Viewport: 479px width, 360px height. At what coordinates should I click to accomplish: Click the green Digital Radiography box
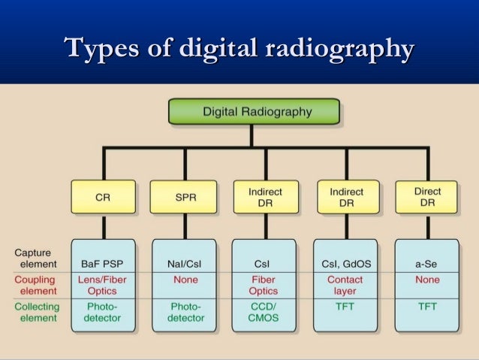pyautogui.click(x=253, y=111)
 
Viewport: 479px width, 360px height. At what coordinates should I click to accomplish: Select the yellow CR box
pyautogui.click(x=103, y=196)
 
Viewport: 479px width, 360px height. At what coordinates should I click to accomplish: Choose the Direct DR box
pyautogui.click(x=427, y=196)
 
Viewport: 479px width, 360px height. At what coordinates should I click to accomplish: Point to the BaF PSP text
pyautogui.click(x=103, y=264)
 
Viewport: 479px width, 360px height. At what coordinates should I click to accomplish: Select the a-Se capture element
pyautogui.click(x=427, y=264)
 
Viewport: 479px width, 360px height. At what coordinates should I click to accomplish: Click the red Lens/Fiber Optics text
pyautogui.click(x=103, y=285)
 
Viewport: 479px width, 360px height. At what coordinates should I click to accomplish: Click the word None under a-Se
pyautogui.click(x=427, y=280)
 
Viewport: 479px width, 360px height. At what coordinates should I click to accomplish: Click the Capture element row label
pyautogui.click(x=37, y=258)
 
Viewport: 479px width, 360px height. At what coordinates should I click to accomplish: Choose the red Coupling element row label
pyautogui.click(x=37, y=285)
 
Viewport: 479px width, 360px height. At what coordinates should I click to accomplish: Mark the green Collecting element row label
pyautogui.click(x=35, y=312)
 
